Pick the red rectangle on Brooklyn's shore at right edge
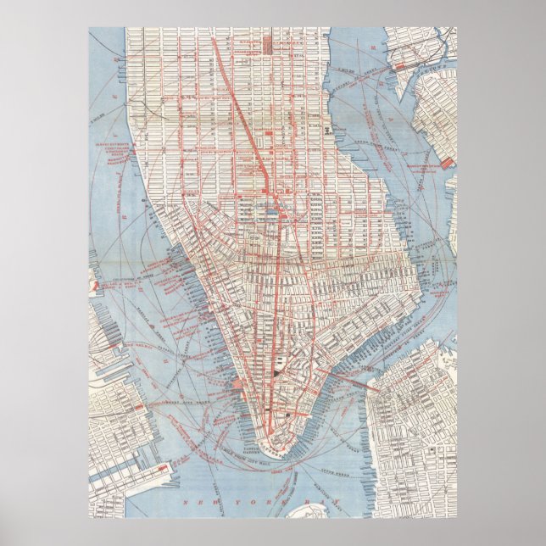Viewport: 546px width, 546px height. coord(448,161)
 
